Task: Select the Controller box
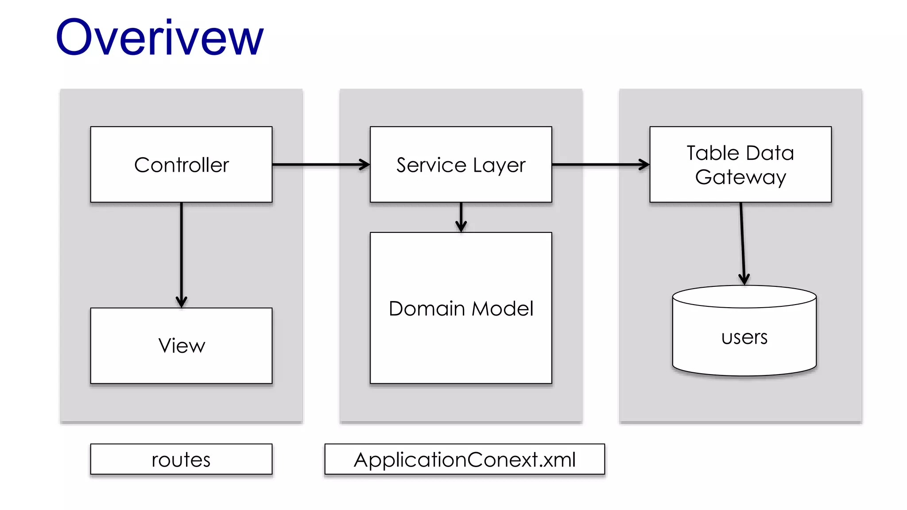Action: (181, 165)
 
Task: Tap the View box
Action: (181, 346)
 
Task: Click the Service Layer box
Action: (461, 165)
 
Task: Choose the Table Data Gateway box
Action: (740, 165)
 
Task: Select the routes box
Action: (181, 460)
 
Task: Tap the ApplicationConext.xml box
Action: (465, 460)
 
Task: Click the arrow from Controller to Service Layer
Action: (319, 165)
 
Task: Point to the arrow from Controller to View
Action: (181, 252)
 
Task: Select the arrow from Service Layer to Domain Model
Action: (461, 216)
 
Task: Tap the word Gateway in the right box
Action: (740, 177)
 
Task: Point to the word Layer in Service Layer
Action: (499, 166)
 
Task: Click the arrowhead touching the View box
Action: (181, 302)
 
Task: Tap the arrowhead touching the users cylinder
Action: (744, 279)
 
